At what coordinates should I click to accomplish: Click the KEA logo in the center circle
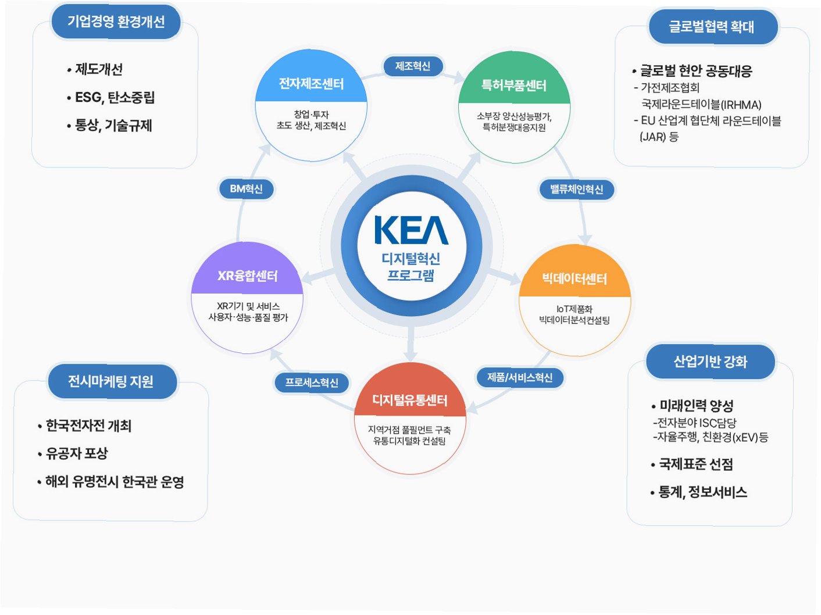(x=411, y=230)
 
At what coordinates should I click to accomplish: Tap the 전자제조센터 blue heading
(x=311, y=84)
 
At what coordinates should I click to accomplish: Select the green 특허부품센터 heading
(x=514, y=86)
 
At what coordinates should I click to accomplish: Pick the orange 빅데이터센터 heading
(x=574, y=279)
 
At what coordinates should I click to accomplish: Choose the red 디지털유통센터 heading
(x=410, y=401)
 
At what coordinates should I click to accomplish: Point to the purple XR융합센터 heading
(x=248, y=276)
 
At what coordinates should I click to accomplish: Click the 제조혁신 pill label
(x=413, y=66)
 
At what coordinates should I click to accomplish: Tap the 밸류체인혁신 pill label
(x=576, y=189)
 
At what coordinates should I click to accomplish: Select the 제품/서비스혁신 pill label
(x=520, y=378)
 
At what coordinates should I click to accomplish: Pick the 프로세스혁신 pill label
(x=312, y=382)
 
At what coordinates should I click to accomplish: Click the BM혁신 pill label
(x=246, y=189)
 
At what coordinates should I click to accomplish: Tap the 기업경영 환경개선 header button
(x=116, y=22)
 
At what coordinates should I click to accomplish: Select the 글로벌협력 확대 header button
(x=712, y=27)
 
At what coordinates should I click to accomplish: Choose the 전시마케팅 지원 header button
(x=111, y=381)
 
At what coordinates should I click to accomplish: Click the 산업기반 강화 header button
(x=710, y=362)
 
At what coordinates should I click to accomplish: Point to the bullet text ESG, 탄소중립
(x=115, y=98)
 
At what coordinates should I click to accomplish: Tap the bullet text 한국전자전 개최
(x=88, y=426)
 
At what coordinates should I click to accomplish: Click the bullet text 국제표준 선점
(x=695, y=464)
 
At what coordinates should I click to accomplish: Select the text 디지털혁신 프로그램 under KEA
(x=411, y=267)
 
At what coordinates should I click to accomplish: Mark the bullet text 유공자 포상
(x=77, y=453)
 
